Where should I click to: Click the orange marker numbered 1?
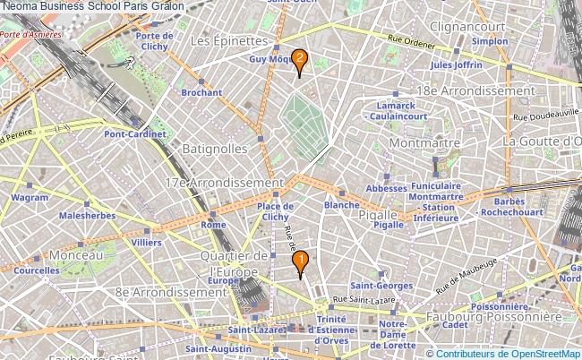pos(301,261)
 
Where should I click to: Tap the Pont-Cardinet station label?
pos(135,133)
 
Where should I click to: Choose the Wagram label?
pos(30,197)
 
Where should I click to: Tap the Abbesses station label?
pos(386,189)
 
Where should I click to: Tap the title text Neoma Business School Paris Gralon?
pos(93,6)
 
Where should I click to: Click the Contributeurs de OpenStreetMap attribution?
pos(509,353)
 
